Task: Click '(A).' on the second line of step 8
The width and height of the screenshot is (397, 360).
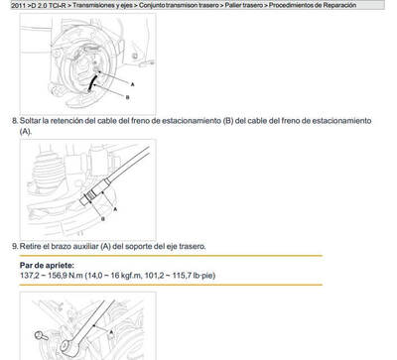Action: tap(26, 131)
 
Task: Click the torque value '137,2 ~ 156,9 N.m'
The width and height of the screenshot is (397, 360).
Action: tap(52, 277)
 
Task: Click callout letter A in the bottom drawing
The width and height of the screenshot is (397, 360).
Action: tap(112, 330)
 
